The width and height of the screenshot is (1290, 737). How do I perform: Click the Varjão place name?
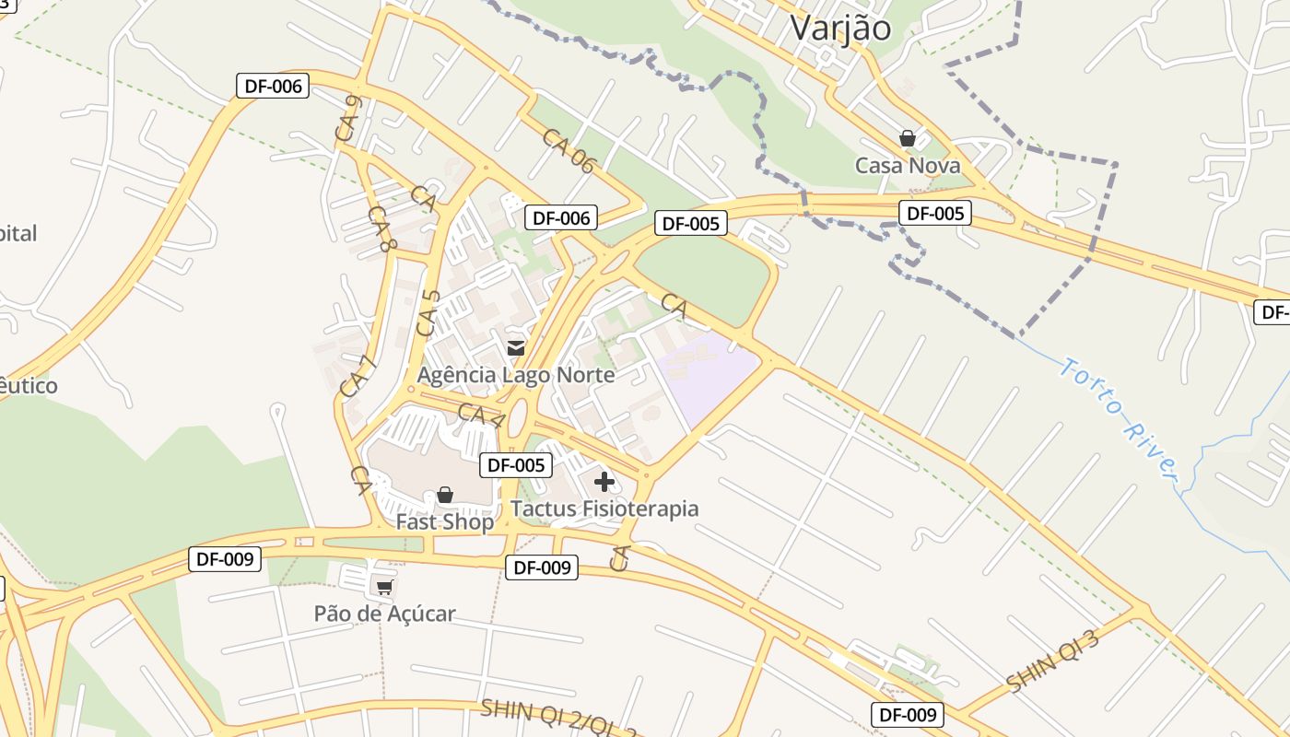pyautogui.click(x=840, y=28)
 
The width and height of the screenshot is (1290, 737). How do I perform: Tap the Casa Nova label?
pyautogui.click(x=908, y=166)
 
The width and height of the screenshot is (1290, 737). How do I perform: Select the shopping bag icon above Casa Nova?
pyautogui.click(x=908, y=138)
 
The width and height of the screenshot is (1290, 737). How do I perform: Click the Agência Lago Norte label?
pyautogui.click(x=516, y=375)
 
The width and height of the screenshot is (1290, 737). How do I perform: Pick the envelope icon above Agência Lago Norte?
pyautogui.click(x=516, y=347)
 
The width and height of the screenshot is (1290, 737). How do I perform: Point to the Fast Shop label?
pyautogui.click(x=445, y=521)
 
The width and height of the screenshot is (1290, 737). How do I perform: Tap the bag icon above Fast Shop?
pyautogui.click(x=445, y=495)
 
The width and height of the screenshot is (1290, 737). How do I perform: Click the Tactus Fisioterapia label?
pyautogui.click(x=604, y=509)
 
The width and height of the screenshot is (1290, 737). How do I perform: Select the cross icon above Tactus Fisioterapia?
pyautogui.click(x=604, y=481)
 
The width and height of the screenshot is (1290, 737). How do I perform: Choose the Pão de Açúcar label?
pyautogui.click(x=384, y=614)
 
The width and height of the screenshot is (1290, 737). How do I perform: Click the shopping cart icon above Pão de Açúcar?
pyautogui.click(x=384, y=587)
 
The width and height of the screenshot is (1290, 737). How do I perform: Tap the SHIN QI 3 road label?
pyautogui.click(x=1053, y=661)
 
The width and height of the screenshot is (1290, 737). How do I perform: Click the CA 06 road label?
pyautogui.click(x=569, y=150)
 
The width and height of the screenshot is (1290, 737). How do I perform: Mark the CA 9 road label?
pyautogui.click(x=347, y=120)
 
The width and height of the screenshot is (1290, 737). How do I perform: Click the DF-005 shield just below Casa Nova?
pyautogui.click(x=935, y=214)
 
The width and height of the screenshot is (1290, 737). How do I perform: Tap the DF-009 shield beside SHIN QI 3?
pyautogui.click(x=908, y=714)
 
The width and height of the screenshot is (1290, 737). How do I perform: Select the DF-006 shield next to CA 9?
pyautogui.click(x=273, y=87)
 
